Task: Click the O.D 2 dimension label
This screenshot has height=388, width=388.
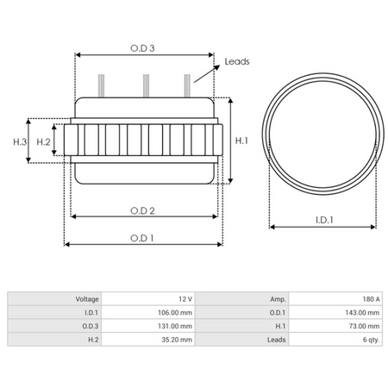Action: tap(142, 210)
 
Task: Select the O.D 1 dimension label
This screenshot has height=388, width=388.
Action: tap(142, 238)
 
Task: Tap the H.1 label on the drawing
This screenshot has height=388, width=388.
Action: tap(242, 141)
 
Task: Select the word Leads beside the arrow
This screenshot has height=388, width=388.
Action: tap(236, 63)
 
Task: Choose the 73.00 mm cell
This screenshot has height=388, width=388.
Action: tap(356, 326)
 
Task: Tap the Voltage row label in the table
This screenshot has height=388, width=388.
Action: tap(85, 298)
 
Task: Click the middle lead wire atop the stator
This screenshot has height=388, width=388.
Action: tap(146, 85)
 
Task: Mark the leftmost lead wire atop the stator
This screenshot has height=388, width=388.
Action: tap(103, 85)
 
